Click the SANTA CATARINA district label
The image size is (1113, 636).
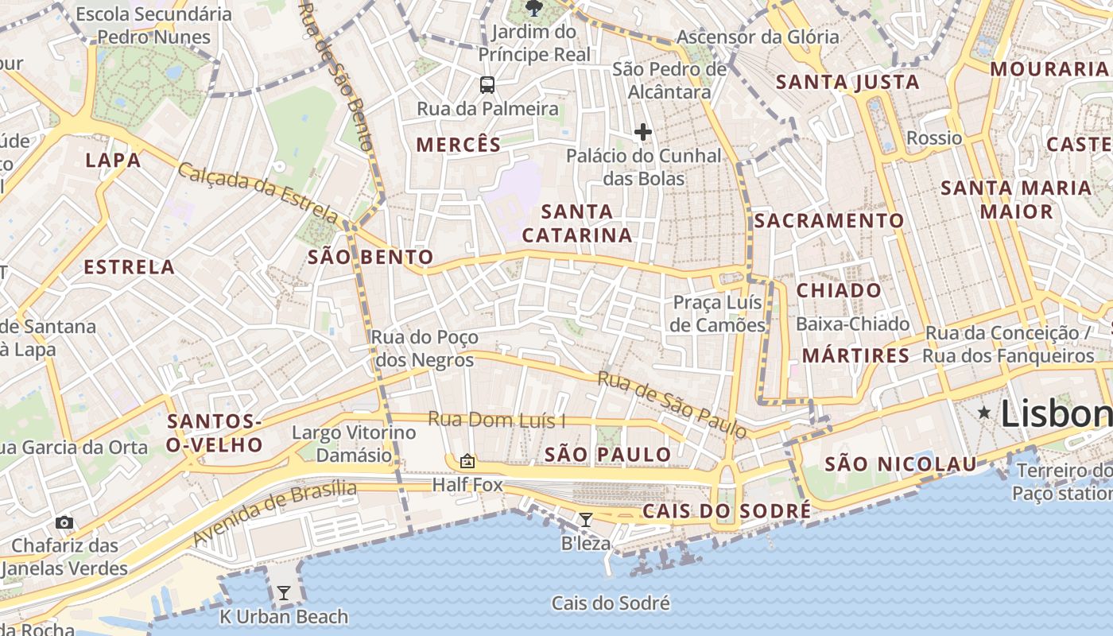(577, 223)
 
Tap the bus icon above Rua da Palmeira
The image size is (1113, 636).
(487, 84)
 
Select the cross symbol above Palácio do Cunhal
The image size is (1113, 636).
(642, 132)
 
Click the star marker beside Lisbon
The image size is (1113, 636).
(984, 412)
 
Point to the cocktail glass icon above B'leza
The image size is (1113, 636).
(586, 520)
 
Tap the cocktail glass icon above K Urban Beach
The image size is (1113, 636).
(283, 593)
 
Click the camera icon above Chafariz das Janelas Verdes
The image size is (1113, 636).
(64, 522)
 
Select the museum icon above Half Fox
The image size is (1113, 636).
(467, 461)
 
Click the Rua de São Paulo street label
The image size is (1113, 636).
(672, 405)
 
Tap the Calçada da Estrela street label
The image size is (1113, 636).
(258, 192)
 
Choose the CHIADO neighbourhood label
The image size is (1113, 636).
(839, 290)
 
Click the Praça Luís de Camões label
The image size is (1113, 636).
(717, 313)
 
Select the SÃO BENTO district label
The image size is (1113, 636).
(370, 257)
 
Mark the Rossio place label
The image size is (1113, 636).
(934, 138)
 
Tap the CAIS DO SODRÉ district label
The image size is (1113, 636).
(727, 510)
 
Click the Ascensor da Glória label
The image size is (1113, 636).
(757, 37)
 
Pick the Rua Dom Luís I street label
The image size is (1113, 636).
(496, 419)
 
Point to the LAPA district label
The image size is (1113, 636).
(113, 160)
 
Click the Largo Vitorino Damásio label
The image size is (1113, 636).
(354, 444)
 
